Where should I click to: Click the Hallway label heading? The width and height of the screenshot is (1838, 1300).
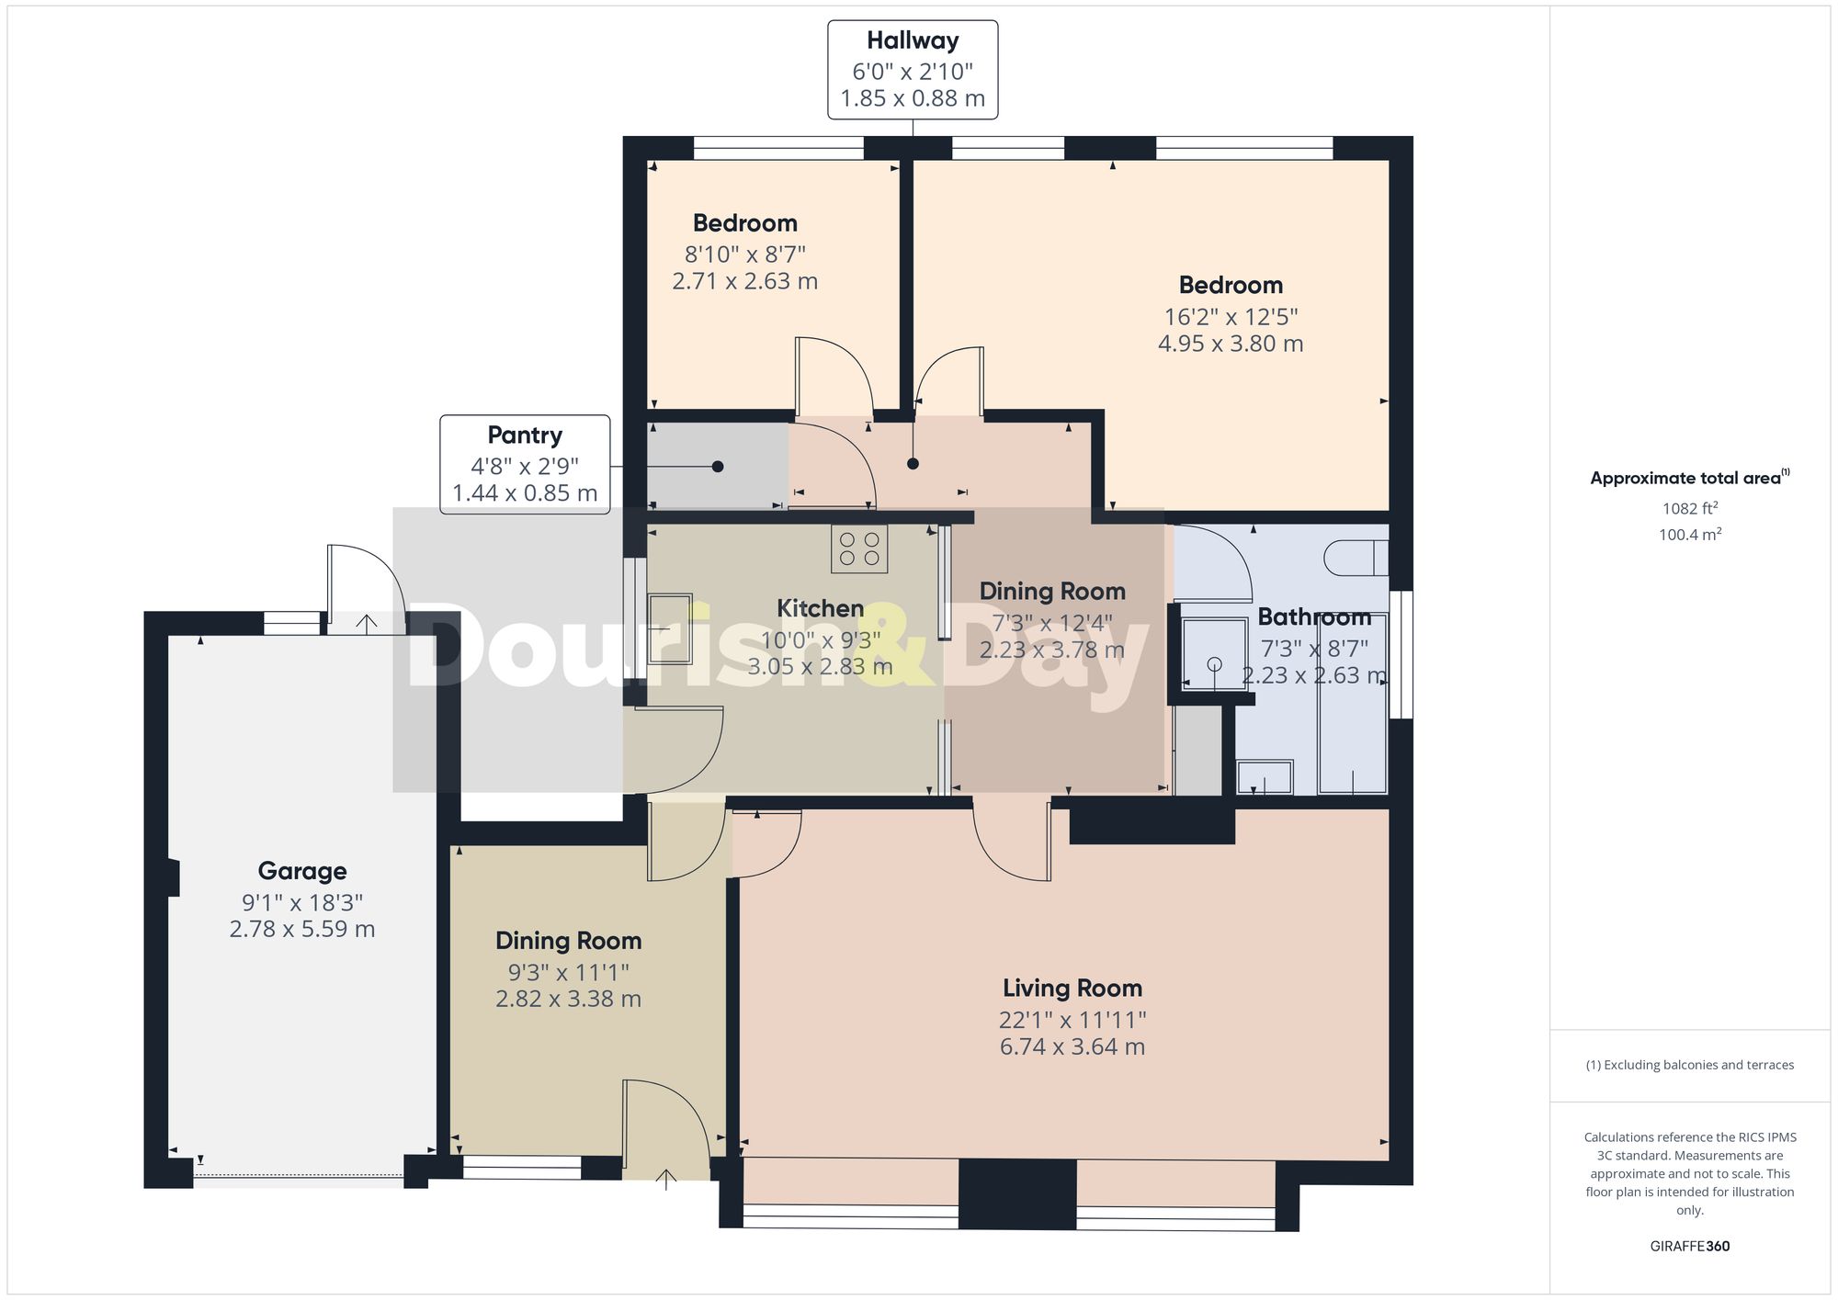912,40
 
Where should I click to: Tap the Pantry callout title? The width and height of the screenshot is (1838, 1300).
525,435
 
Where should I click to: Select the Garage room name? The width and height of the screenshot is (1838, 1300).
301,871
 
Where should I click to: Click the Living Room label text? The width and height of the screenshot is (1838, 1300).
1072,989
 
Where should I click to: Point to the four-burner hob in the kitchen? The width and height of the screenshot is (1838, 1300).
859,548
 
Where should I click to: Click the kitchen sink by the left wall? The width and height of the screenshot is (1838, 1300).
670,628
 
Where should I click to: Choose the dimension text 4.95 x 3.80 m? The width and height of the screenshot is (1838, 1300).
1230,344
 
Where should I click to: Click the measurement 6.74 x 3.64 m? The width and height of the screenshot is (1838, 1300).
1072,1046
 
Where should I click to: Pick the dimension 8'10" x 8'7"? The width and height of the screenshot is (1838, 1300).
744,254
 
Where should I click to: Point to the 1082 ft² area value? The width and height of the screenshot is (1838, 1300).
1689,508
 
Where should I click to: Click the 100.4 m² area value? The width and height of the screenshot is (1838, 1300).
1689,534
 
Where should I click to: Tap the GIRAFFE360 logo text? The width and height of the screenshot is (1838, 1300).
1689,1247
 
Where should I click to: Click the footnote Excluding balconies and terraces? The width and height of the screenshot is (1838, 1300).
1689,1065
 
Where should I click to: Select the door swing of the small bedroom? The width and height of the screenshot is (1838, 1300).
833,377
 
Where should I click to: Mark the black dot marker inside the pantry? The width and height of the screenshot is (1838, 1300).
718,467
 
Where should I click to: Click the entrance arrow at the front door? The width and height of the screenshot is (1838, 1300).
666,1179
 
